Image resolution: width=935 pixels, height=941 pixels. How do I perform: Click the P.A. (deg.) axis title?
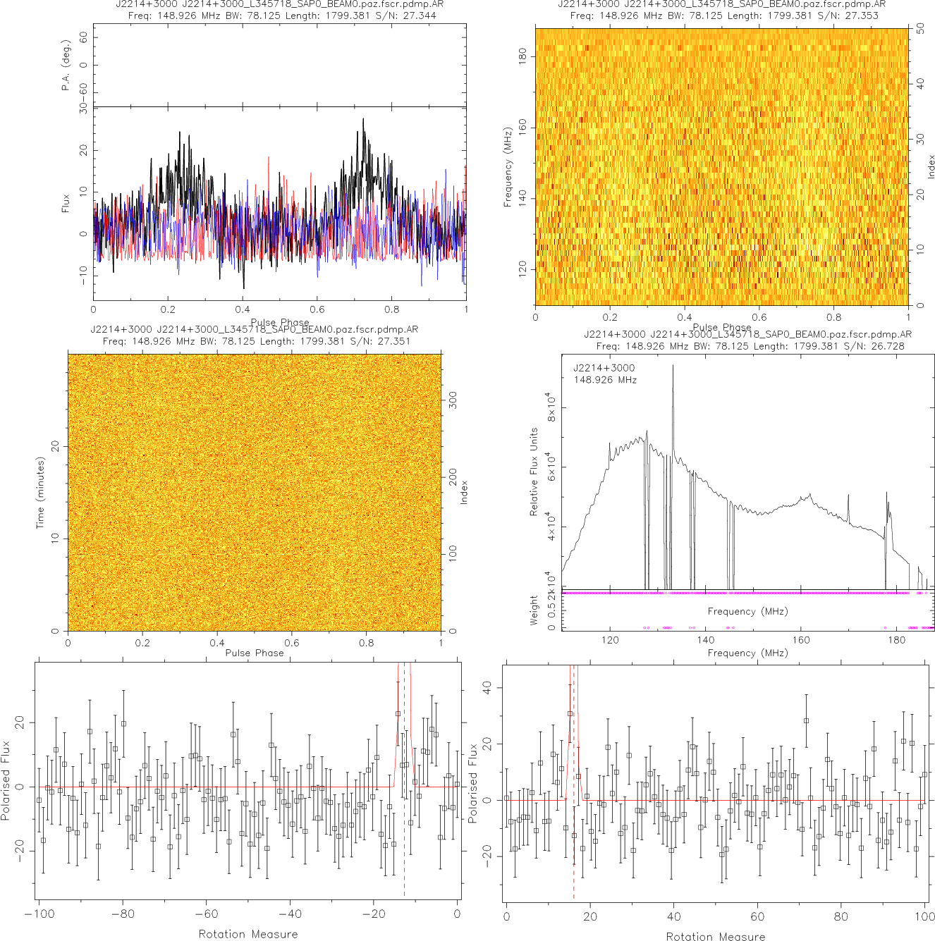tap(66, 65)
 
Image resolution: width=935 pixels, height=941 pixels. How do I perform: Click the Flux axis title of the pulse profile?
tap(66, 204)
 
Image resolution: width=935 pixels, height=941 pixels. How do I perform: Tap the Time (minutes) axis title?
tap(41, 493)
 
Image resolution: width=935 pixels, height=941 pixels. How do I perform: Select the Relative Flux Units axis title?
tap(534, 472)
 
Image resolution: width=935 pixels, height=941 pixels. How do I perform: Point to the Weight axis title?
tap(534, 610)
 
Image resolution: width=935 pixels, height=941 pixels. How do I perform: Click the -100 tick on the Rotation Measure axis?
tap(39, 914)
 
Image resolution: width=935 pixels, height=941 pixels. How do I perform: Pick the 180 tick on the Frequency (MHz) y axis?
tap(522, 56)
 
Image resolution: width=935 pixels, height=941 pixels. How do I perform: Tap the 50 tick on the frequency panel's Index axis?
tap(921, 29)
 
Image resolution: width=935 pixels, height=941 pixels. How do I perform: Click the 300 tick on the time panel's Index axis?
tap(453, 400)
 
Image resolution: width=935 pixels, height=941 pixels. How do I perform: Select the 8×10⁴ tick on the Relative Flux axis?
tap(551, 407)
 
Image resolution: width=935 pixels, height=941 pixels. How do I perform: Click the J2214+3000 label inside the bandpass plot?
tap(604, 368)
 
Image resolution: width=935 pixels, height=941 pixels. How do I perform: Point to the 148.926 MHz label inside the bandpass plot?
tap(605, 380)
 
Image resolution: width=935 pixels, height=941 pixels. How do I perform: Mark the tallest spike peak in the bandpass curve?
tap(673, 366)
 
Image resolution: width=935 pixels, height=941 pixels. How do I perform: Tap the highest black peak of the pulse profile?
tap(364, 120)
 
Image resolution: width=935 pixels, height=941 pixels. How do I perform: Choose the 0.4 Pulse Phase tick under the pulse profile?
tap(243, 309)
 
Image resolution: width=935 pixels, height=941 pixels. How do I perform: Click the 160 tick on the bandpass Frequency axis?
tap(801, 640)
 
